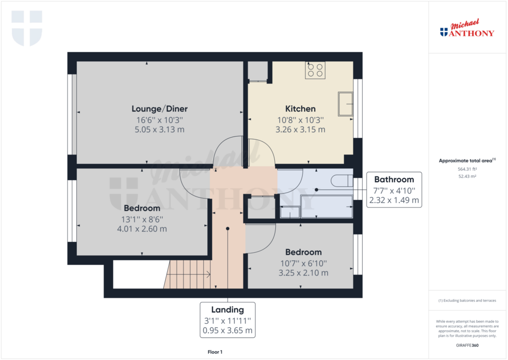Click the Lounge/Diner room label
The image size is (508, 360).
(159, 109)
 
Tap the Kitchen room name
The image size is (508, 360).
(300, 109)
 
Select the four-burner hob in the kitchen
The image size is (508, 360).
(315, 70)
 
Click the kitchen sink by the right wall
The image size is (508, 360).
(345, 104)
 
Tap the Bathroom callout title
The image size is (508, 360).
(393, 179)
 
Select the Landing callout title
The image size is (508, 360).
(228, 309)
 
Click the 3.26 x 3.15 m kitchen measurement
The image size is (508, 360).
(300, 130)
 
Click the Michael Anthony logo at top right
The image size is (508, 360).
(467, 30)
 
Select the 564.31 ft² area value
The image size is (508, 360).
(467, 169)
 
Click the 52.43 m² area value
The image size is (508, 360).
(467, 176)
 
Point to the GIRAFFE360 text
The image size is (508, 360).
(467, 345)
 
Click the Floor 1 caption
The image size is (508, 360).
(215, 352)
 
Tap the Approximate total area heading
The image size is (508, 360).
(467, 160)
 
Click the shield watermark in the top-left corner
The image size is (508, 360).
(27, 28)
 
